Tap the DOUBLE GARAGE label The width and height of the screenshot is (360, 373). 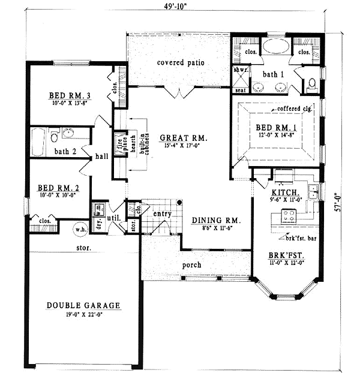pyautogui.click(x=83, y=306)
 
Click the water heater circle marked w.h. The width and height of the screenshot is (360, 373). pyautogui.click(x=80, y=230)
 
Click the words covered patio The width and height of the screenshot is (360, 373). pyautogui.click(x=181, y=62)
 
